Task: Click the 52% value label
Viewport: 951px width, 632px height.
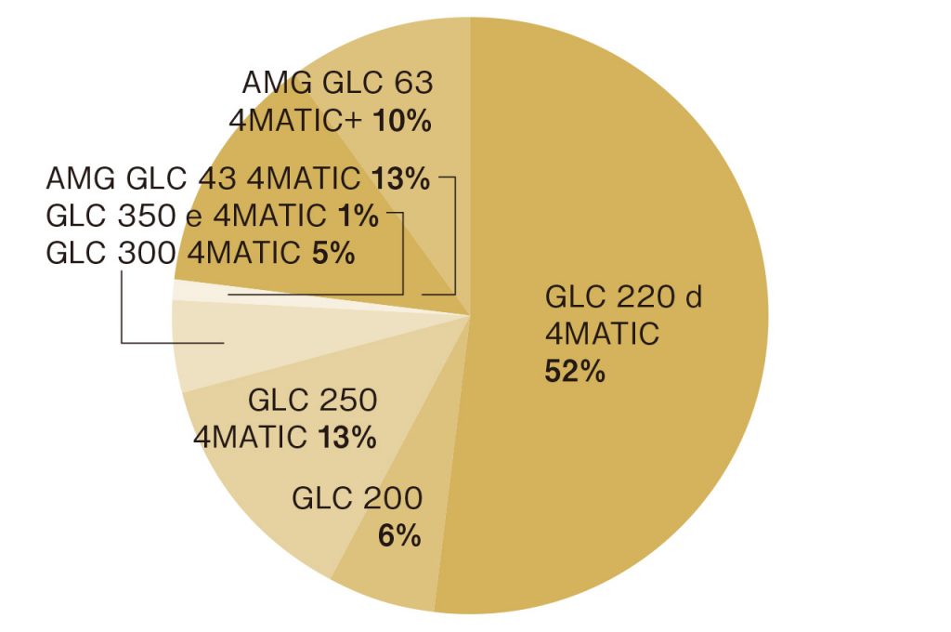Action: (x=574, y=372)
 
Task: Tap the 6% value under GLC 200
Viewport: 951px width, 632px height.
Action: (x=399, y=536)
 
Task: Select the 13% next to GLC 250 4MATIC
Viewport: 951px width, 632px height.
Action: (x=347, y=437)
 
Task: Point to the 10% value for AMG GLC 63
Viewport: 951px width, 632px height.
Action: (x=403, y=121)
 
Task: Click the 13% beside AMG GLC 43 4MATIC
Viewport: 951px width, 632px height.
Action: (x=399, y=178)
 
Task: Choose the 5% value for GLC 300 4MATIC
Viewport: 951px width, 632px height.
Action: (x=333, y=253)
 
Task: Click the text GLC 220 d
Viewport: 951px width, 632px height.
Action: (x=623, y=298)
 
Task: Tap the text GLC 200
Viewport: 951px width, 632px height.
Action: (x=357, y=499)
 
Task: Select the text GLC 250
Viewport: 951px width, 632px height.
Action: (x=312, y=402)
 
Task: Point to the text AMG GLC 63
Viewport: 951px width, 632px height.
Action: (x=337, y=84)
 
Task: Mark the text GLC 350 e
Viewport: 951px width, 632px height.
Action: (x=125, y=217)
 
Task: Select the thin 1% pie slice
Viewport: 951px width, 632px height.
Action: (x=279, y=296)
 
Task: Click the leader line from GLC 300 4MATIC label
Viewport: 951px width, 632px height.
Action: (x=123, y=316)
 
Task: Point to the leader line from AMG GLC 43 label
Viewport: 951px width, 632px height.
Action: (x=456, y=232)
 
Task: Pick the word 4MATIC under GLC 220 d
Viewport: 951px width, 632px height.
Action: (x=602, y=334)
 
